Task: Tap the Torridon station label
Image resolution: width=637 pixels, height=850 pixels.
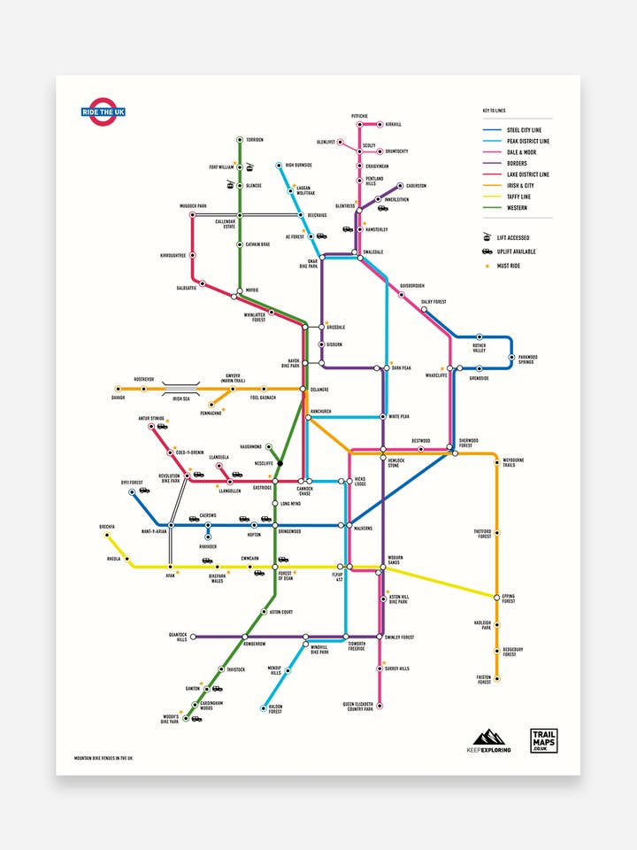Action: click(255, 140)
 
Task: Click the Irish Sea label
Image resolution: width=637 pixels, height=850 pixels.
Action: click(181, 398)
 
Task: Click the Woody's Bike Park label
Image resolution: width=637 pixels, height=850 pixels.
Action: click(170, 719)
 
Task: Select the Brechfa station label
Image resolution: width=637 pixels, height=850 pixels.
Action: click(107, 527)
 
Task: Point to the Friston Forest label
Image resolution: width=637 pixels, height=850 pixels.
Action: click(484, 680)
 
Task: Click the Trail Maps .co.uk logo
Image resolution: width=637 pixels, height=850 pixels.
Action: click(542, 740)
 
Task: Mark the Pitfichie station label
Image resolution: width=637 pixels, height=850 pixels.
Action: click(359, 116)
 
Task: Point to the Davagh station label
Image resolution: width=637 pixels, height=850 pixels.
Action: click(118, 398)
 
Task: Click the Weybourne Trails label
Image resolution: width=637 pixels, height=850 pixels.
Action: click(514, 463)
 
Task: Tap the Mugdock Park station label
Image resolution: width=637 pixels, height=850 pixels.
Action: click(192, 205)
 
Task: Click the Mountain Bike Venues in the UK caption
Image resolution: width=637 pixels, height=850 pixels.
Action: click(110, 758)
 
